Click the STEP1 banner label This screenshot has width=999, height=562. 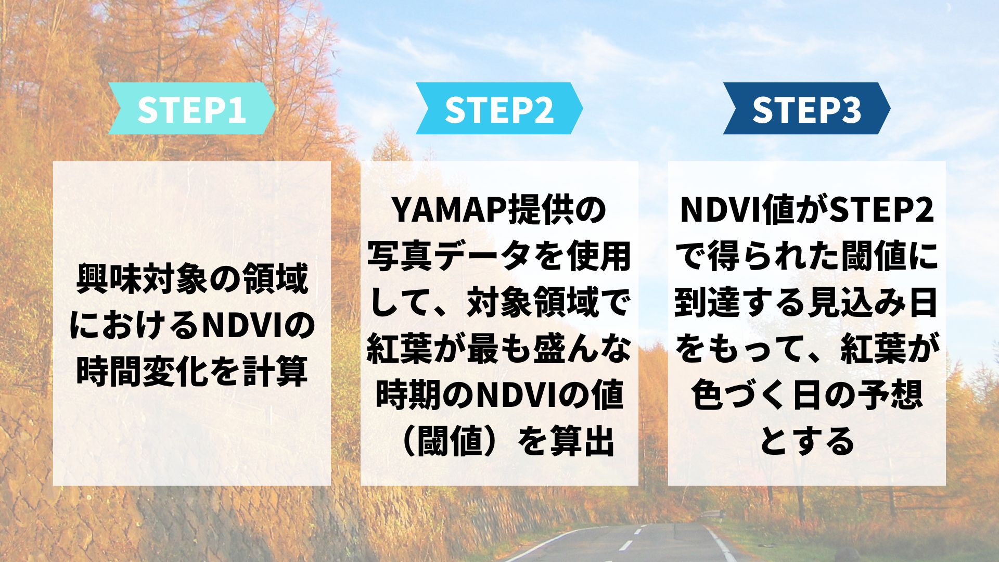192,109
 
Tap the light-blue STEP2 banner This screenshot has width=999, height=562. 499,109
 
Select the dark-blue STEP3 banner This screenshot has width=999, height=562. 806,109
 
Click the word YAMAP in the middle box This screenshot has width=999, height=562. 448,210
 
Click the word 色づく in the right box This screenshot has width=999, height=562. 740,395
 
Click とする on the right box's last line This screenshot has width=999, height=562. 807,441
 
